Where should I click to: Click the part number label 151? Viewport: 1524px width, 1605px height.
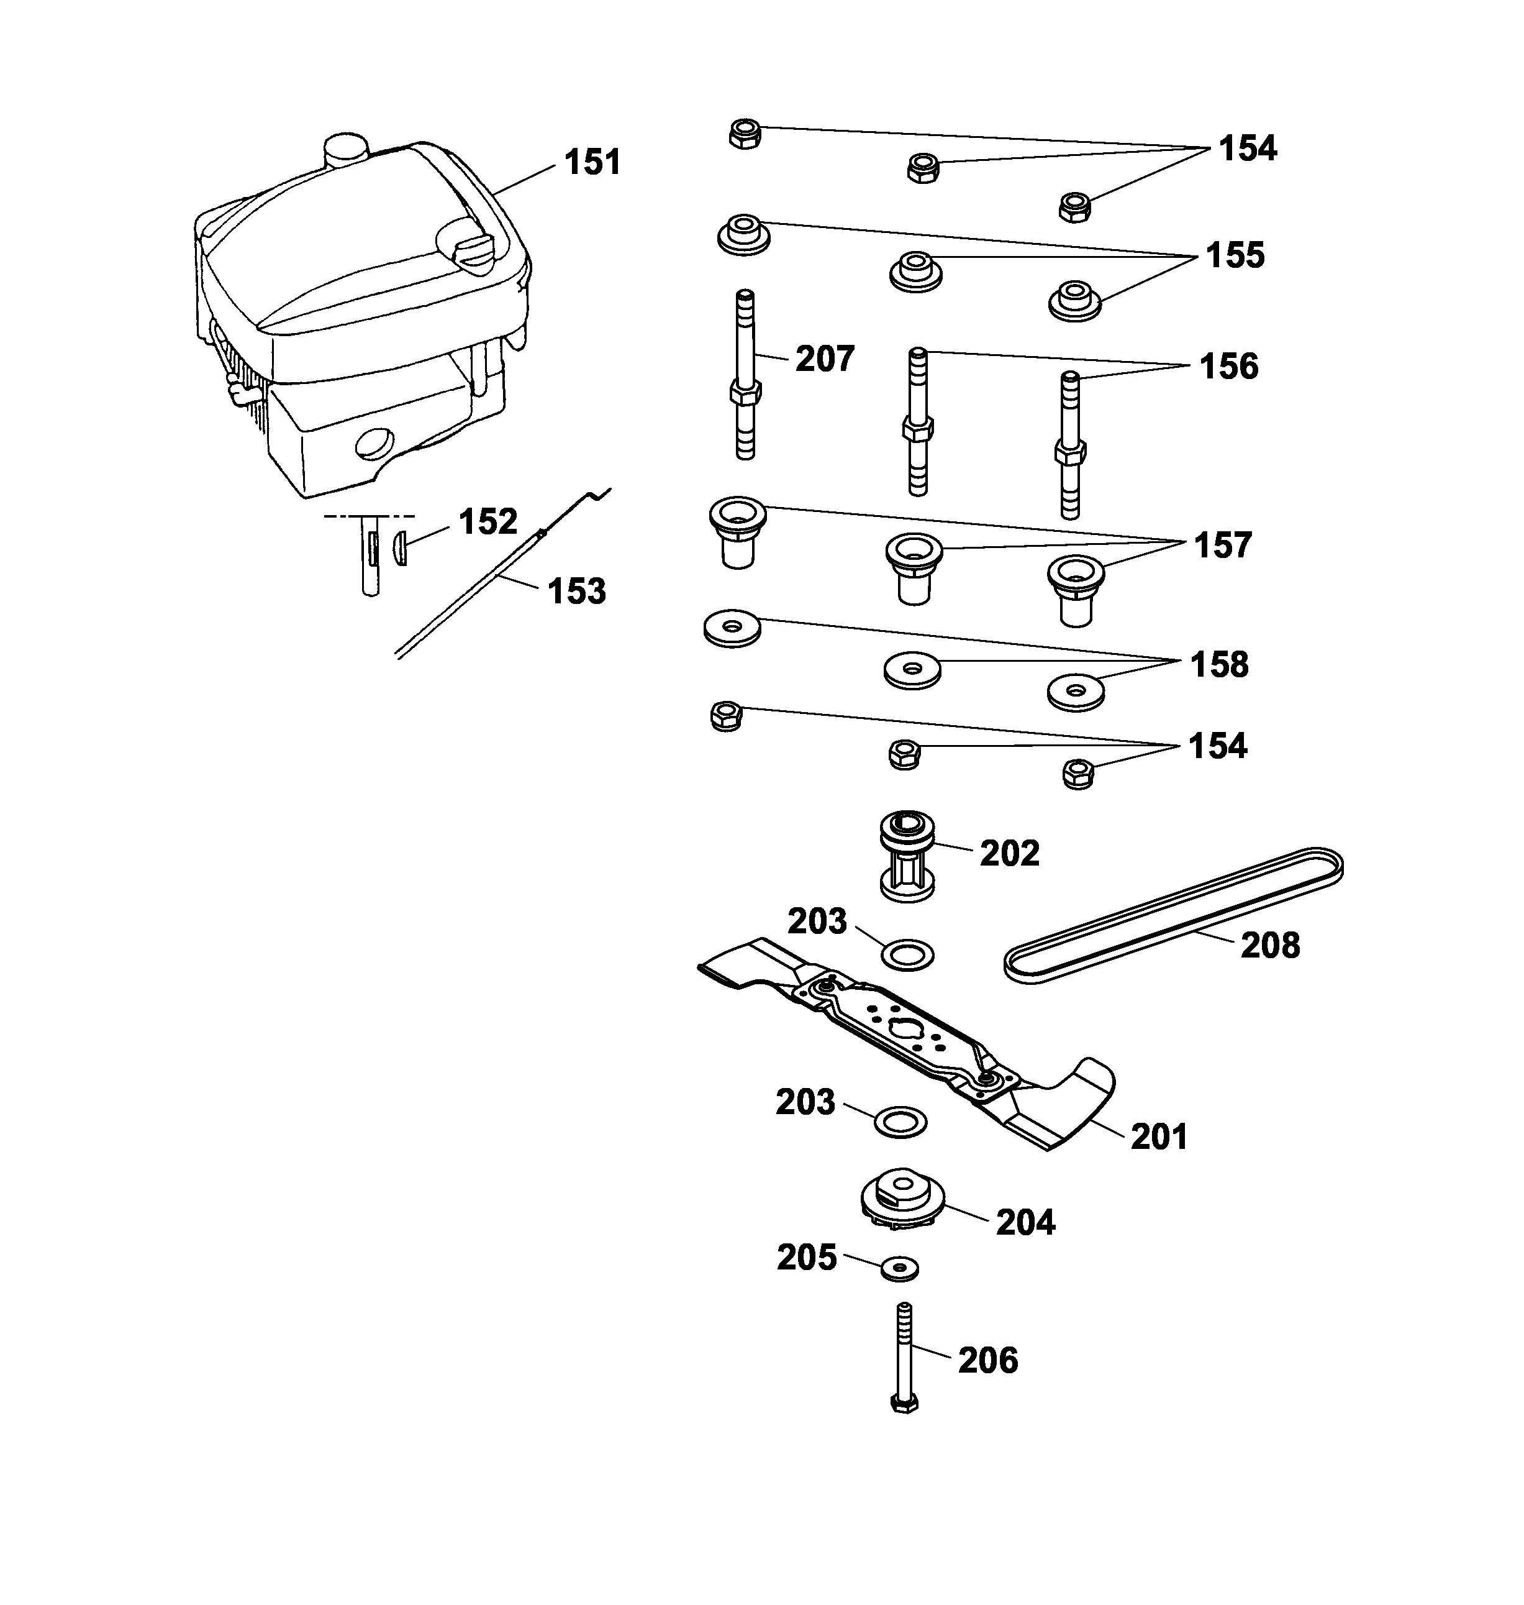[592, 162]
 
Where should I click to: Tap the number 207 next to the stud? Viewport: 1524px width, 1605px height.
[825, 359]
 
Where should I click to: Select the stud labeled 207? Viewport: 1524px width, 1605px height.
[746, 374]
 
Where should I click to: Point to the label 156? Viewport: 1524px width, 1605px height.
[1228, 367]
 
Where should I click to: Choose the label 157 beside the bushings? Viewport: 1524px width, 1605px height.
[1223, 546]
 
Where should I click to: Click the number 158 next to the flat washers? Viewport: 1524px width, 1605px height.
[1218, 665]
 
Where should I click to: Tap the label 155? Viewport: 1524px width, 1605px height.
[1235, 255]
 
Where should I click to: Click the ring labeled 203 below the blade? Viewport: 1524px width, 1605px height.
[900, 1122]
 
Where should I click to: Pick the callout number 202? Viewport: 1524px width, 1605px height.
[1009, 853]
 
